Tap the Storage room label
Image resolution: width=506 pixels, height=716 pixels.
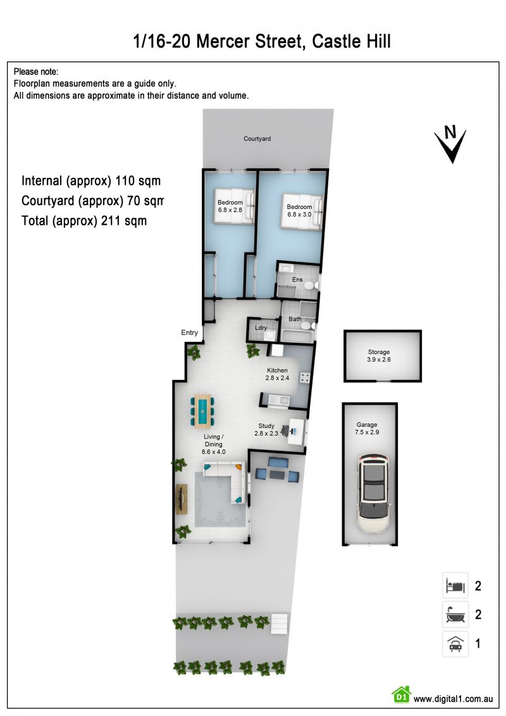379,352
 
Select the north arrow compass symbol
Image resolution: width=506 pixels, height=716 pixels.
450,143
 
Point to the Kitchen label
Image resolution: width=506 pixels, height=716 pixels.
277,370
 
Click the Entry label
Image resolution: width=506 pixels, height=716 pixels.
189,332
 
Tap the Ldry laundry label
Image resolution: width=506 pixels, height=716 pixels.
261,327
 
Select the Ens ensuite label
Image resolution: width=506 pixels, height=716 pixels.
297,279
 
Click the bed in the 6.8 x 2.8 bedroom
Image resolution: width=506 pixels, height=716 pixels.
233,206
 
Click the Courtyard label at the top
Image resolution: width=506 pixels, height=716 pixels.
257,139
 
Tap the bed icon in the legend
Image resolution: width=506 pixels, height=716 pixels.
455,586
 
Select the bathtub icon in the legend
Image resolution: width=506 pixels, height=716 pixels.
455,614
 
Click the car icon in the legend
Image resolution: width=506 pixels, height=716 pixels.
455,643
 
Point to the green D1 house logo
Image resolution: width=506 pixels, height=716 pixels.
401,694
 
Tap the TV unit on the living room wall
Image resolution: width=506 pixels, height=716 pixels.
182,499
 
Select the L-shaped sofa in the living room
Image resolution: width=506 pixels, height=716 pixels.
226,481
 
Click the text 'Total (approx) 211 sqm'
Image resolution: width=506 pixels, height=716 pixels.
84,221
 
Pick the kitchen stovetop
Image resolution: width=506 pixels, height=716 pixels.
304,378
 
